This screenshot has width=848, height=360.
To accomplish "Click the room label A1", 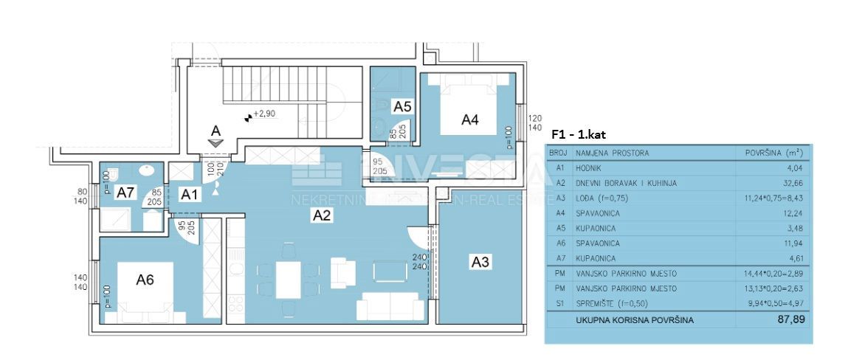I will pos(190,195).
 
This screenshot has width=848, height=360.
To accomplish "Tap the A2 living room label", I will pos(323,215).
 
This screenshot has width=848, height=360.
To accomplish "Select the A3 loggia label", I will pos(480,261).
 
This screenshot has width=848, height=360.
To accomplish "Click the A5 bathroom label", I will pos(401,106).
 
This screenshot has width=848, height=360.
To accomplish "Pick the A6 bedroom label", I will pos(145,280).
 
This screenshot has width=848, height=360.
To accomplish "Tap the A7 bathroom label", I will pos(126,193).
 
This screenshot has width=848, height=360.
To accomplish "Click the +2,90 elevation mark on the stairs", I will pos(263,115).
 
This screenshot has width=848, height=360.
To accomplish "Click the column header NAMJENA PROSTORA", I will pos(613,153).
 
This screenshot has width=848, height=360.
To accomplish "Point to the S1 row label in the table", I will pos(559,304).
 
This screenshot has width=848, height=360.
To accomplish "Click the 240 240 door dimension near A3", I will pos(418,262).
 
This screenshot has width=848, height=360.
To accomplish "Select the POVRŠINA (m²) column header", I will pos(772,153).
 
